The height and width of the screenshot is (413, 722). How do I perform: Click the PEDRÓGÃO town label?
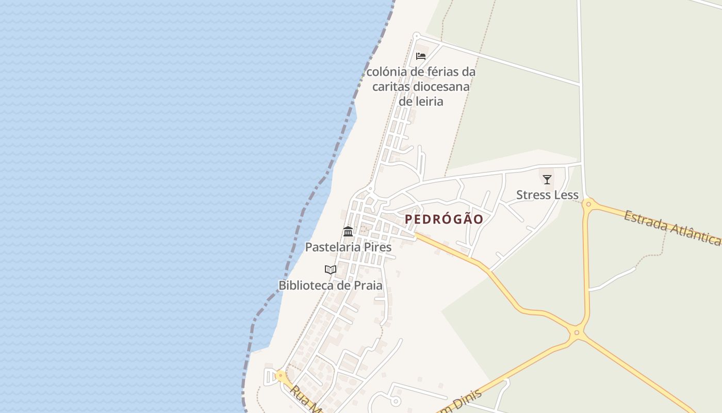444,219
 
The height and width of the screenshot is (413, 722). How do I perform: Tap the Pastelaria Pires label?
348,247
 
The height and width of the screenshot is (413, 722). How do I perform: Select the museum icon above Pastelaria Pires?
348,231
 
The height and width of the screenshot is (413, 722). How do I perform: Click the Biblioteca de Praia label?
331,285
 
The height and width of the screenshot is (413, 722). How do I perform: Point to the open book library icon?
331,269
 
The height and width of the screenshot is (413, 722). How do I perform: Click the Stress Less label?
547,195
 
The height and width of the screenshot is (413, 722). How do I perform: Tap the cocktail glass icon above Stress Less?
547,180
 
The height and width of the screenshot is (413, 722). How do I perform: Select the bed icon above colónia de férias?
421,56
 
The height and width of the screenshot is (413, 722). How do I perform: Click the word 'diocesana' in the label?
445,87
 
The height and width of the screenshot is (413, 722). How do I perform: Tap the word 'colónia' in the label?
386,72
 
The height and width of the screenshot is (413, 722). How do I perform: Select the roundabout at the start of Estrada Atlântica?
588,204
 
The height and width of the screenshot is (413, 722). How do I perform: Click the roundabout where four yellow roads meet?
577,333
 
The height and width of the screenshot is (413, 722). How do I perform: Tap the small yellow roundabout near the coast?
281,376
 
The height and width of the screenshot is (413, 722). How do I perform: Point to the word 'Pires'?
378,247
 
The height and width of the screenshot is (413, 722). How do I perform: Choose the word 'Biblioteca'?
306,285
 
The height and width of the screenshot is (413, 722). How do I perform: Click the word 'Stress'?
533,195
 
